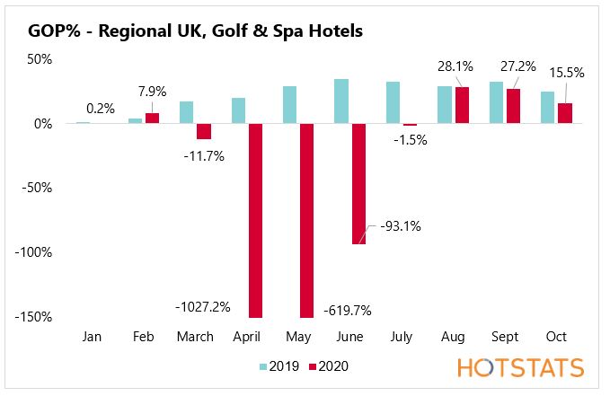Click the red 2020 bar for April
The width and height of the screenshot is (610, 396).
pos(255,220)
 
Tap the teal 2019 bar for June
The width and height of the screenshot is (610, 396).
pos(341,101)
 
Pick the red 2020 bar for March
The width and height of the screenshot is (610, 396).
pos(204,131)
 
